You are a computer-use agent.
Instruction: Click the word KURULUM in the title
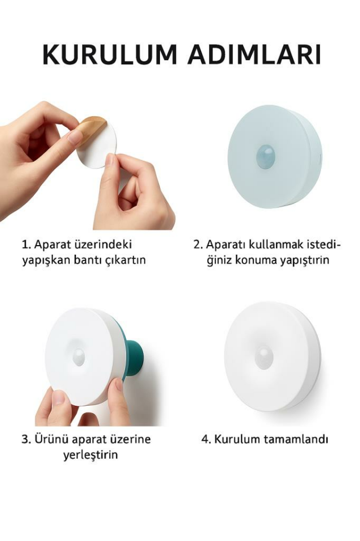(x=109, y=55)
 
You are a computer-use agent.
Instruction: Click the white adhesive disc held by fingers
(x=97, y=148)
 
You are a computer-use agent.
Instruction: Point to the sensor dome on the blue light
(x=265, y=156)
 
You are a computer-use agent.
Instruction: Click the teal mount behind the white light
(x=134, y=355)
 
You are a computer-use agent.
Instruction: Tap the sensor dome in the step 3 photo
(x=79, y=356)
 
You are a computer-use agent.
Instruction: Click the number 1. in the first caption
(x=26, y=245)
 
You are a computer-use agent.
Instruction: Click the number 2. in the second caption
(x=198, y=245)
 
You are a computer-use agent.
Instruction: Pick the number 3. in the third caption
(x=26, y=440)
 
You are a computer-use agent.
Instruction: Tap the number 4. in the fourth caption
(x=206, y=440)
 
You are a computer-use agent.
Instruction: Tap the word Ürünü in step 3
(x=50, y=440)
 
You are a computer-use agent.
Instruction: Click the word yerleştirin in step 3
(x=90, y=455)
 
